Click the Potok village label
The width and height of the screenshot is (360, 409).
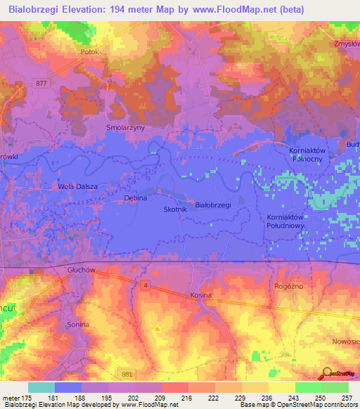pos(92,52)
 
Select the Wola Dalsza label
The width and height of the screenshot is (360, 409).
pos(77,186)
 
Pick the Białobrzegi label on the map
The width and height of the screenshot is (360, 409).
pos(213,204)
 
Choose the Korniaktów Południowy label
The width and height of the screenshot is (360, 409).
pos(288,222)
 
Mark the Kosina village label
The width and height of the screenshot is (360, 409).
pos(201,296)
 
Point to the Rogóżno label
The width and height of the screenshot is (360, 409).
pos(287,287)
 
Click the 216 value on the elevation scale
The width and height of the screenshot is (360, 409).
pos(187,398)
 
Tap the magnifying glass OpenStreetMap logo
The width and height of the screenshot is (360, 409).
pos(328,373)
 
